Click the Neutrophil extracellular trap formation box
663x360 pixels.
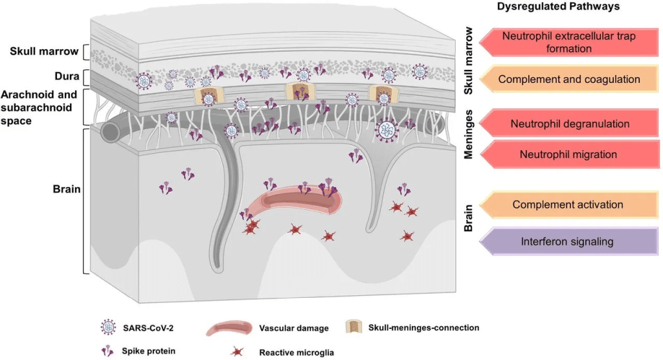pyautogui.click(x=568, y=42)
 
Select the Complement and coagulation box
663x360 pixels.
pyautogui.click(x=569, y=80)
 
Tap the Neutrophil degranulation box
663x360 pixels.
pyautogui.click(x=568, y=124)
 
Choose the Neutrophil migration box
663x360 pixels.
pyautogui.click(x=568, y=155)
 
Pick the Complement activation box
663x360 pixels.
pyautogui.click(x=568, y=205)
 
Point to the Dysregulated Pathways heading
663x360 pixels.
pyautogui.click(x=559, y=7)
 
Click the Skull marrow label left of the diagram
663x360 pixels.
pyautogui.click(x=45, y=51)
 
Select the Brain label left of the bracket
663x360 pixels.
pyautogui.click(x=66, y=190)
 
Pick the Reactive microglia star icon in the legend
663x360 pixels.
pyautogui.click(x=238, y=352)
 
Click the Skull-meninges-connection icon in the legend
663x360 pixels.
pyautogui.click(x=354, y=327)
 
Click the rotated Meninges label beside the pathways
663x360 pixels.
pyautogui.click(x=470, y=134)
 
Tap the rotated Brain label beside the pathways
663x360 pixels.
pyautogui.click(x=470, y=219)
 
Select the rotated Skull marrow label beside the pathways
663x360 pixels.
pyautogui.click(x=470, y=61)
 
